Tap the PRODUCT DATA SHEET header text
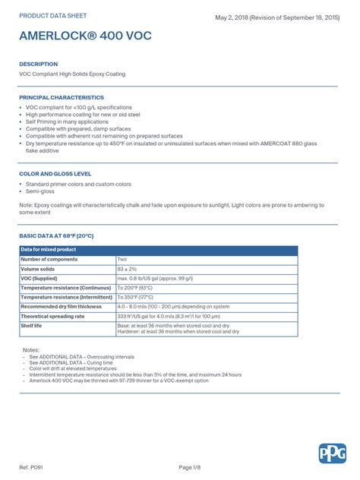tap(52, 15)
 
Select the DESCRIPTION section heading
tap(39, 64)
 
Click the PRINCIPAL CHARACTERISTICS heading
tap(62, 98)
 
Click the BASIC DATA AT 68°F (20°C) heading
tap(56, 236)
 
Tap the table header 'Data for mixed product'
tap(49, 250)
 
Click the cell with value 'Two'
tap(122, 259)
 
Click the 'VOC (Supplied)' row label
tap(43, 278)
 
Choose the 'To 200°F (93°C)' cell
tap(135, 288)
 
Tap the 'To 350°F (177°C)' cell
tap(135, 297)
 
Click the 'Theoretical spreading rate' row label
tap(53, 316)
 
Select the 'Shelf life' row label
tap(32, 325)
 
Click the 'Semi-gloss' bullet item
tap(43, 191)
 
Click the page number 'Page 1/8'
tap(190, 466)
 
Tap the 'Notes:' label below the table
tap(31, 349)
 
